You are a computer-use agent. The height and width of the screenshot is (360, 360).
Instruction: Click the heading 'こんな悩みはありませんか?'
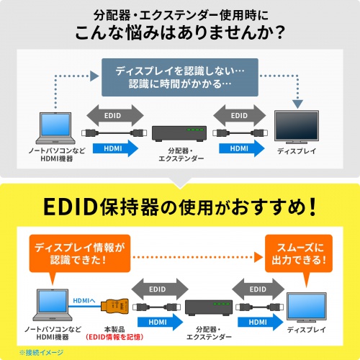click(179, 33)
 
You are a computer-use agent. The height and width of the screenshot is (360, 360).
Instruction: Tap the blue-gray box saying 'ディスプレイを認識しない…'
click(179, 79)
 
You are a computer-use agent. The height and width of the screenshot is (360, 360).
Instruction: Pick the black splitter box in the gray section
click(179, 132)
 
